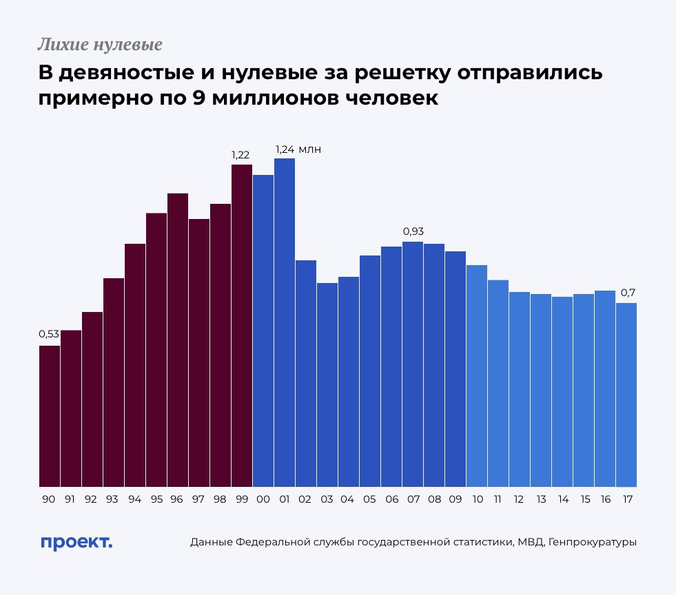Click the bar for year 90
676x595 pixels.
click(50, 416)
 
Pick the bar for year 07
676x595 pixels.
click(413, 364)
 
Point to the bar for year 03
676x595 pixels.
click(327, 385)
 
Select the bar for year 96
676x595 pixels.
click(178, 340)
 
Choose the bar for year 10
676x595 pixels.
click(477, 376)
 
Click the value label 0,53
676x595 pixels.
click(49, 334)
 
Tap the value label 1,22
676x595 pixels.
click(240, 154)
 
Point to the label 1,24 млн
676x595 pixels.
click(298, 149)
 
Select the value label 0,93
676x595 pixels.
click(413, 231)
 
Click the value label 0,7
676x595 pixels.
click(628, 293)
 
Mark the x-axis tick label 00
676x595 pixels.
click(263, 499)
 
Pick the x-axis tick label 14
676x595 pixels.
click(562, 499)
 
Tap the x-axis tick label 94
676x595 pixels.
click(135, 499)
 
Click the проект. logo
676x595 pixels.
click(76, 542)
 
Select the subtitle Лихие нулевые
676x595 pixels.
click(100, 45)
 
